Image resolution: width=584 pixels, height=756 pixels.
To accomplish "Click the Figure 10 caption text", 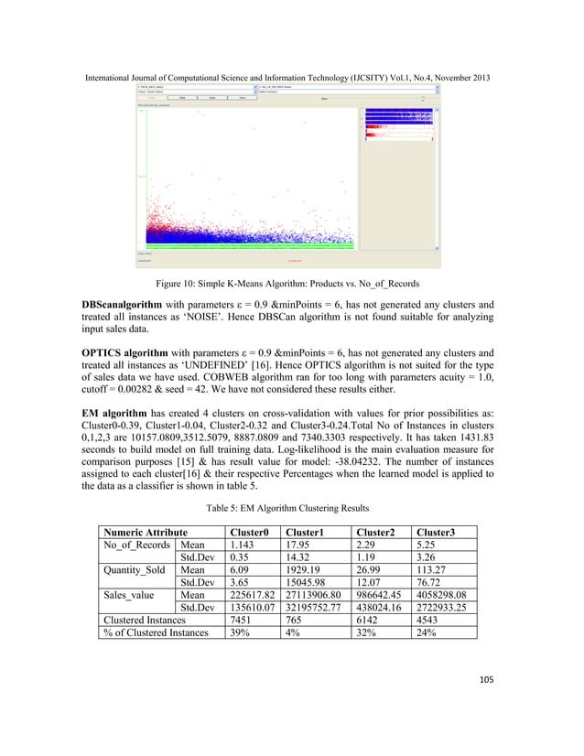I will pos(291,284).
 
